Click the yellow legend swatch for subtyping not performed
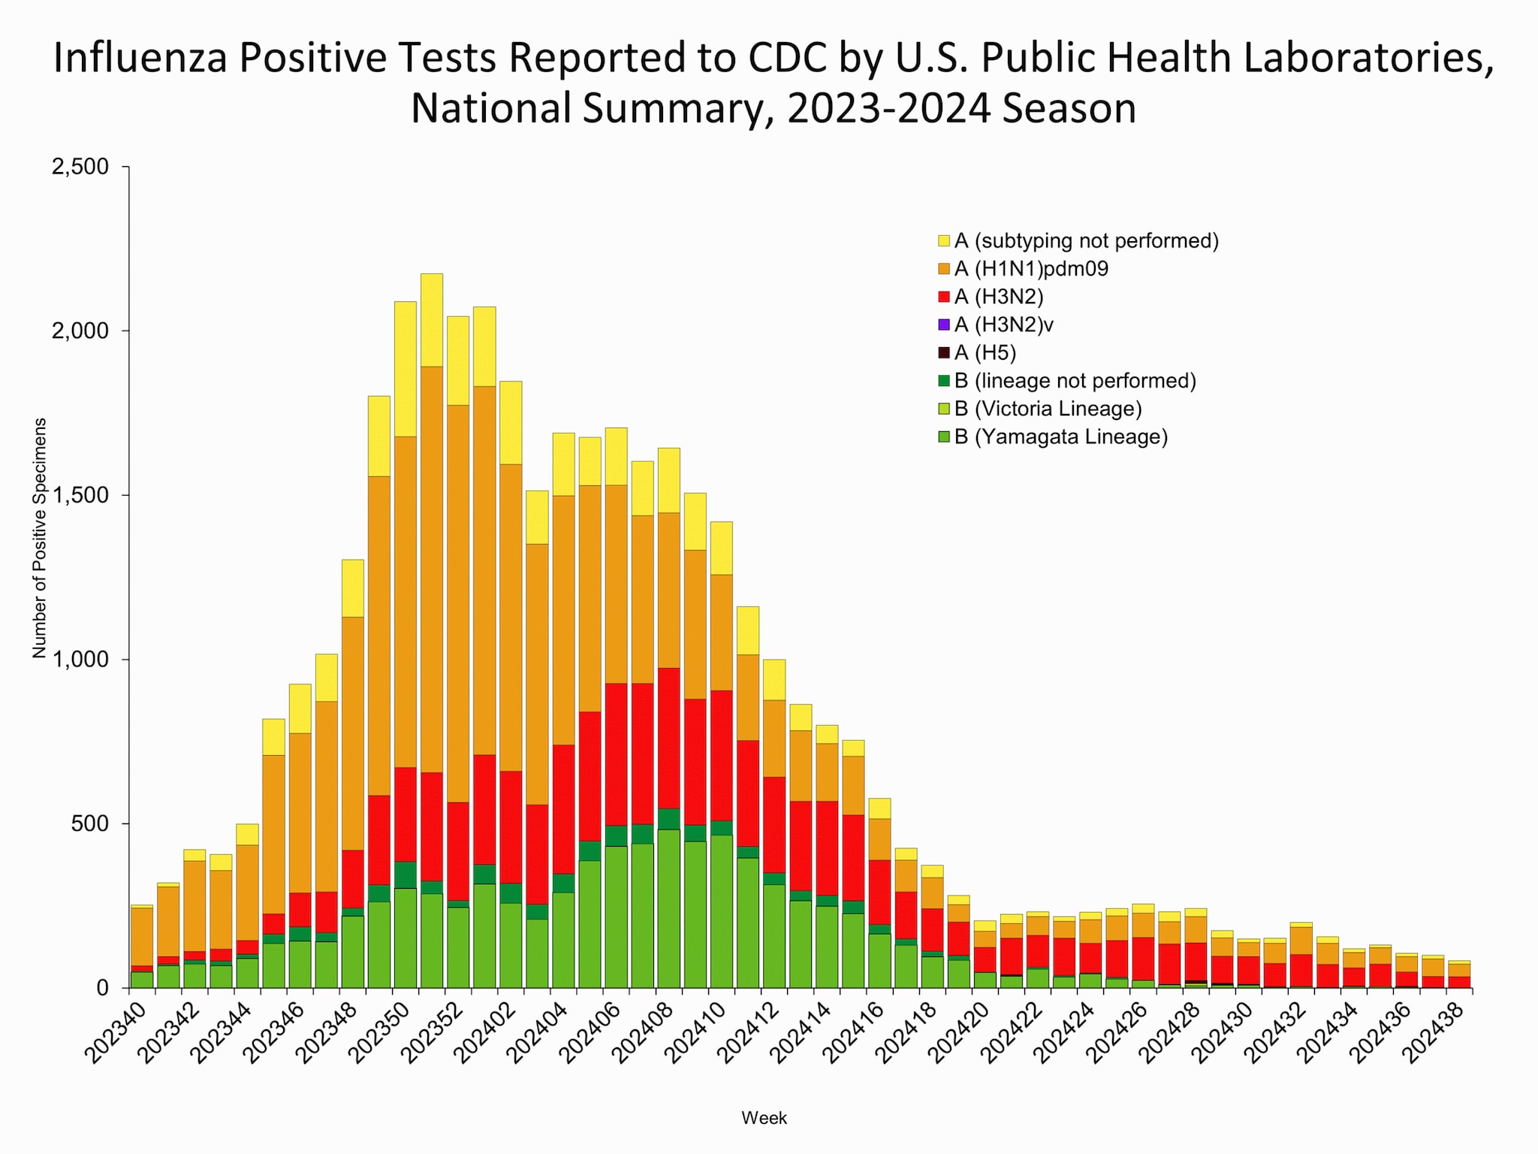click(x=944, y=241)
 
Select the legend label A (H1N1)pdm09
click(x=1031, y=269)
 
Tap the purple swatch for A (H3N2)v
click(x=944, y=325)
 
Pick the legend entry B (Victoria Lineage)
click(x=1048, y=409)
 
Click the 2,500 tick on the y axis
click(x=80, y=167)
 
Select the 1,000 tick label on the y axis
click(x=80, y=660)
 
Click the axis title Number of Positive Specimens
click(x=40, y=538)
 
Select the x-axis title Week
click(x=764, y=1118)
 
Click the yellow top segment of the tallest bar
click(x=431, y=319)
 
